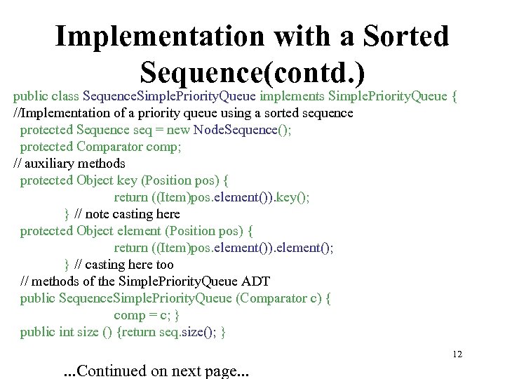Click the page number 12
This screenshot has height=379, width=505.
457,354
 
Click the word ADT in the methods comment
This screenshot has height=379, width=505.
255,281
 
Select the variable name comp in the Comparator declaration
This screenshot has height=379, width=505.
162,147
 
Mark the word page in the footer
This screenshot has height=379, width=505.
211,371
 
